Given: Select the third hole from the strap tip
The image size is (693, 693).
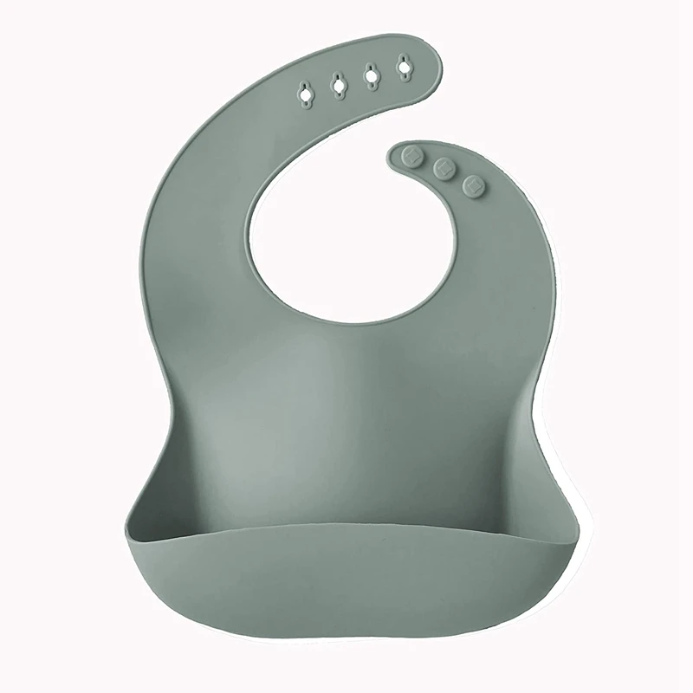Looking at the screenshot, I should (339, 83).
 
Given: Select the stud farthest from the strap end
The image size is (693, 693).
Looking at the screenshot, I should (473, 185).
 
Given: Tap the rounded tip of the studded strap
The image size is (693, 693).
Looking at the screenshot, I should (394, 157).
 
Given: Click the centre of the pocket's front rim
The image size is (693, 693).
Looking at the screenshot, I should (346, 535).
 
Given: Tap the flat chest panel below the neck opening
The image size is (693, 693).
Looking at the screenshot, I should (346, 390).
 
